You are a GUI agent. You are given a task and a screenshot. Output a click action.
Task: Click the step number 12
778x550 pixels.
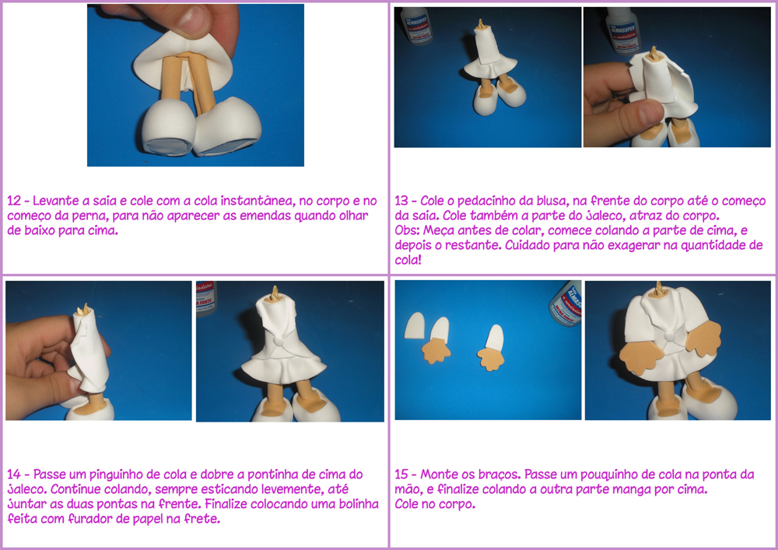pos(14,201)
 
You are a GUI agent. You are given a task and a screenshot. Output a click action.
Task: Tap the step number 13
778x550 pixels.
pos(401,201)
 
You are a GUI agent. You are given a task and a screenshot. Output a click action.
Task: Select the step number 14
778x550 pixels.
pos(14,475)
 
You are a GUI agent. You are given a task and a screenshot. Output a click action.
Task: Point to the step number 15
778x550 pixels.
pos(401,475)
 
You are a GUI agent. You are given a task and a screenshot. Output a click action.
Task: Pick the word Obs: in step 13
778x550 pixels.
pos(408,230)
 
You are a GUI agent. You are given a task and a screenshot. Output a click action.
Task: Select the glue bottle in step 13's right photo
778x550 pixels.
pos(624,30)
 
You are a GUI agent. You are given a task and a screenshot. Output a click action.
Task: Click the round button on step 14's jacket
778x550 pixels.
pos(279,342)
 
